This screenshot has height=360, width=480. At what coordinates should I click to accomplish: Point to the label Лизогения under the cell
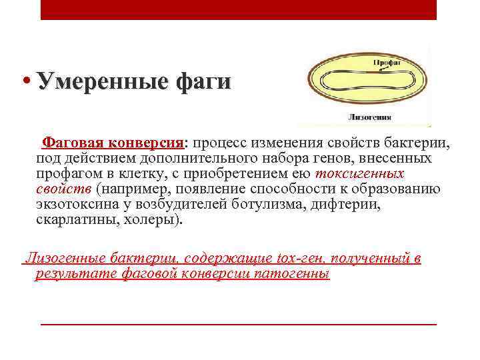[370, 117]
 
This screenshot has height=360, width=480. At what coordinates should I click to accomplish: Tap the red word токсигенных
[359, 173]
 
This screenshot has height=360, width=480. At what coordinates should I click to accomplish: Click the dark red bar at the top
[238, 9]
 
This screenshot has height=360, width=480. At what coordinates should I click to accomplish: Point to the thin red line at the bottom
[238, 325]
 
